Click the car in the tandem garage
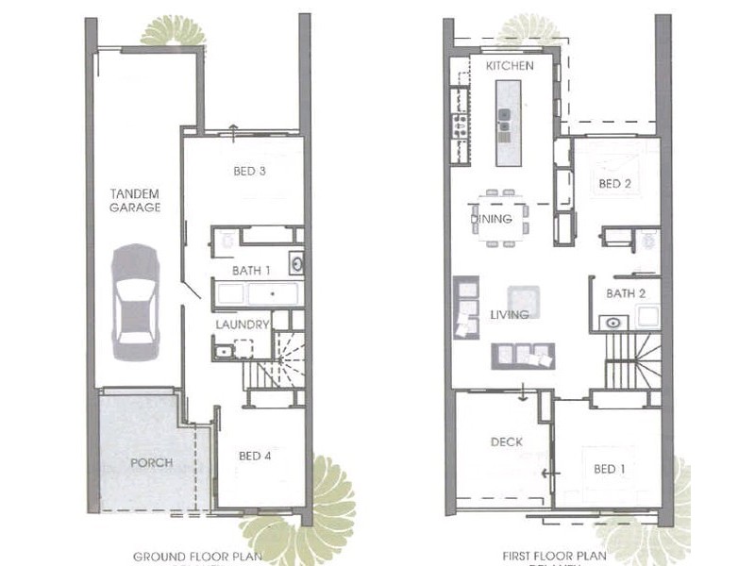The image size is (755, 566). tap(135, 301)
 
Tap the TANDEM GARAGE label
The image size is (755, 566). tap(135, 200)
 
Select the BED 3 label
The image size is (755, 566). tap(250, 172)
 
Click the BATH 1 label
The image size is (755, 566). tap(252, 271)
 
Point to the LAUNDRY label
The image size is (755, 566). tap(243, 325)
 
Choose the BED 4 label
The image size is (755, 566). tap(255, 457)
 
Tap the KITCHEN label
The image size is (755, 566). tap(510, 66)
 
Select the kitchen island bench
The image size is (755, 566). tap(507, 123)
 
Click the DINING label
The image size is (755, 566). tap(492, 219)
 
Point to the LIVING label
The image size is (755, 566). tap(510, 314)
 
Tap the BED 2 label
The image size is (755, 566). tap(614, 184)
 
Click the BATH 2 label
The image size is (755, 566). tap(626, 293)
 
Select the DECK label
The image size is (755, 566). tap(506, 441)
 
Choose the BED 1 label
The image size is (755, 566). tap(609, 469)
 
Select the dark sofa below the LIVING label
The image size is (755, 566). tap(523, 356)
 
